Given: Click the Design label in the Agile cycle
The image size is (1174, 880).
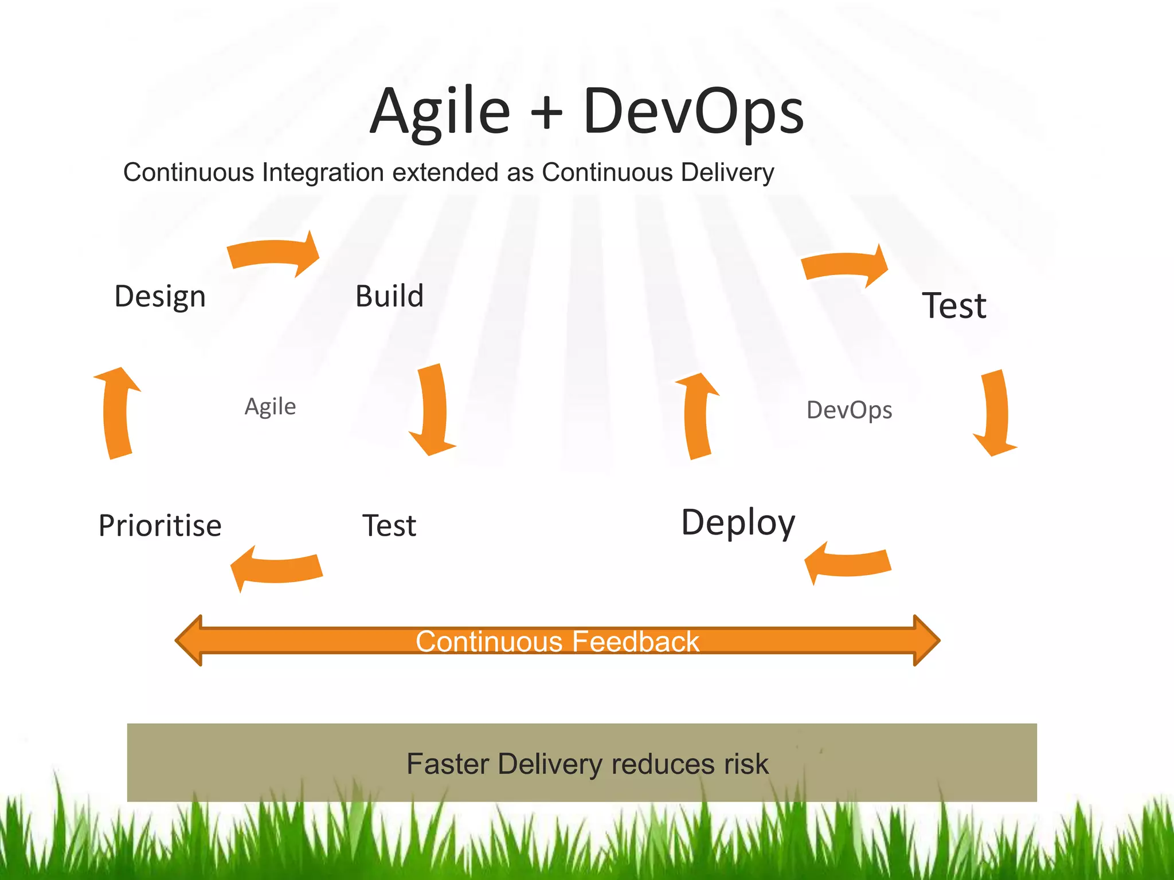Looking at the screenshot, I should click(x=160, y=297).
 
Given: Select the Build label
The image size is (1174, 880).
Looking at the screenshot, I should click(x=389, y=296).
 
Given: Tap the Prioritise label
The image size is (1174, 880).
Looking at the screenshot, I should click(x=160, y=525).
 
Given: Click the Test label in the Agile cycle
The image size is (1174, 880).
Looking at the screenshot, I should click(x=389, y=525).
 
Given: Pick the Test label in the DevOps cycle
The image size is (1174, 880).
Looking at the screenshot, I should click(x=954, y=305).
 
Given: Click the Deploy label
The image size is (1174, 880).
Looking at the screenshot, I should click(x=738, y=522).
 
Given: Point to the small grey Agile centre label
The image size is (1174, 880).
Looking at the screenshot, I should click(x=270, y=407).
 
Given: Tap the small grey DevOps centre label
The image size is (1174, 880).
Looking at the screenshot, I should click(x=849, y=410).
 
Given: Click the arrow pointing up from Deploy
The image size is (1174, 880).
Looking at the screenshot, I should click(x=698, y=415).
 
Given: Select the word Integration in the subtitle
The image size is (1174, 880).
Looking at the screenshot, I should click(x=323, y=172).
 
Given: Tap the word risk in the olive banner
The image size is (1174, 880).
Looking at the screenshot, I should click(x=746, y=764).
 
